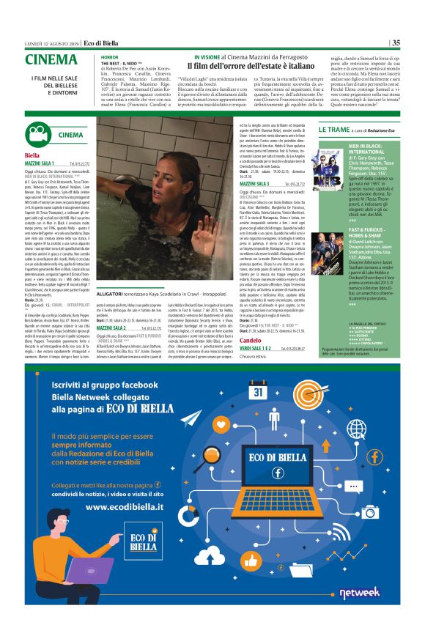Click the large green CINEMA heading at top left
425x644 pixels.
click(x=51, y=60)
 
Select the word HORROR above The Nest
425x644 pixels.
click(x=109, y=56)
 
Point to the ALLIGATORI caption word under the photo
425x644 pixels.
click(x=112, y=313)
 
